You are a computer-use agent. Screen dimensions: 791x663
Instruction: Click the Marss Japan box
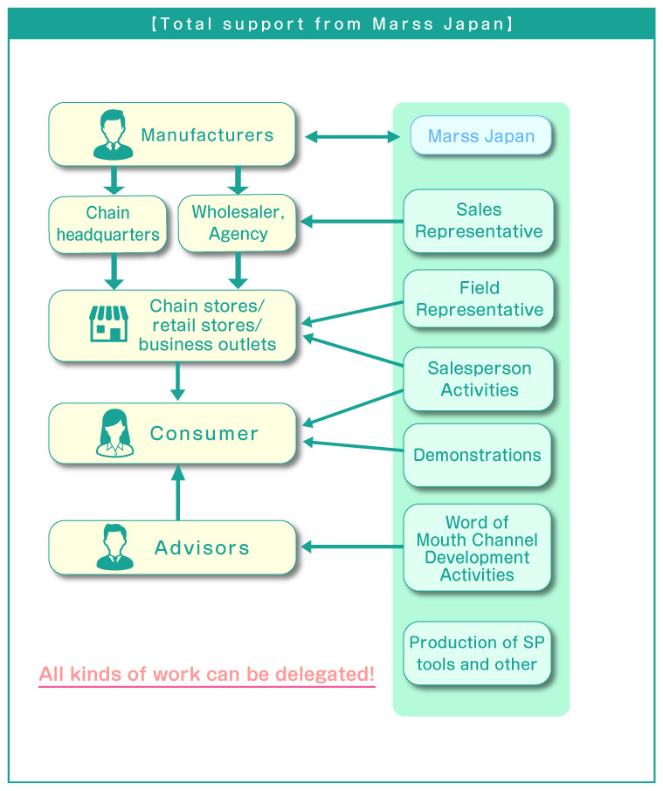(x=480, y=136)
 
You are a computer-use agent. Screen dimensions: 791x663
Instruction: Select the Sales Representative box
(x=479, y=221)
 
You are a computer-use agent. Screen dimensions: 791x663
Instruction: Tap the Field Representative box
(x=479, y=299)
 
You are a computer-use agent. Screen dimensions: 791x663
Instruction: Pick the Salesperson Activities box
(x=479, y=379)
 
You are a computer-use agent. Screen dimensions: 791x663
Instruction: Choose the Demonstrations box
(x=477, y=455)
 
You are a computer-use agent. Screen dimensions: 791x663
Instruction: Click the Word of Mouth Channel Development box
(x=477, y=548)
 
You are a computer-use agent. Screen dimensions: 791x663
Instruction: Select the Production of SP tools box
(x=477, y=653)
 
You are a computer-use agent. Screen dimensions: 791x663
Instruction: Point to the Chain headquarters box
(x=107, y=224)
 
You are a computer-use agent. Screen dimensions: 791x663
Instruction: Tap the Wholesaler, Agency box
(x=238, y=224)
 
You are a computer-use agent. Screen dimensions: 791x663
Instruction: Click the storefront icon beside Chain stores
(x=108, y=324)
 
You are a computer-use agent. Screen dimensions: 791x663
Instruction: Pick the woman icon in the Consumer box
(x=114, y=433)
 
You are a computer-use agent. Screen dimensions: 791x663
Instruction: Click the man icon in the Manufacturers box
(x=114, y=134)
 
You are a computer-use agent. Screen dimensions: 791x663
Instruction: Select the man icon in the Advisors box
(x=114, y=547)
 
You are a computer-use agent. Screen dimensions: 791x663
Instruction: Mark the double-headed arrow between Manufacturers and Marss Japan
(x=352, y=136)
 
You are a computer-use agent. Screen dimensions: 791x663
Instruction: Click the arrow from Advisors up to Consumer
(x=178, y=492)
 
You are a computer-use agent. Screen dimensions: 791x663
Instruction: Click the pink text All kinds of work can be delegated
(x=207, y=674)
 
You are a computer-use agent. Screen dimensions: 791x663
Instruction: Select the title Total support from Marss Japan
(x=331, y=24)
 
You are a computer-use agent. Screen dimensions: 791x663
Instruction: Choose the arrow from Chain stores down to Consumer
(x=178, y=382)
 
